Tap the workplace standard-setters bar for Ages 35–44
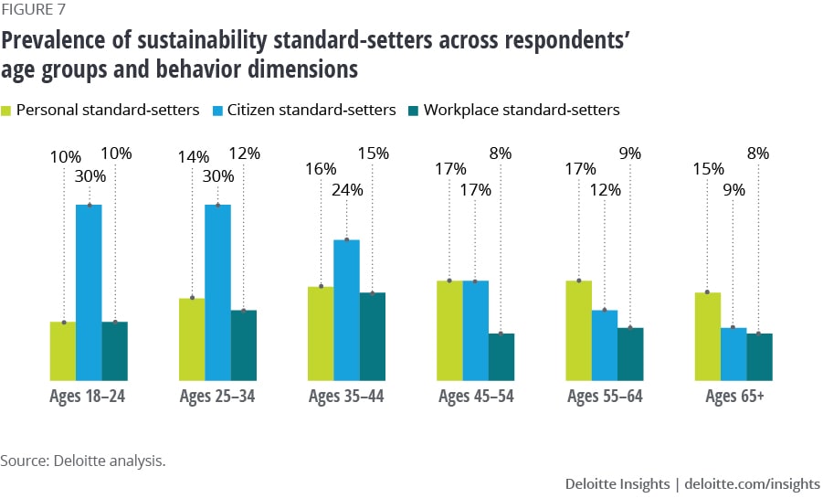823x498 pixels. [x=373, y=336]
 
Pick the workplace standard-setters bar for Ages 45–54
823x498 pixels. [x=501, y=356]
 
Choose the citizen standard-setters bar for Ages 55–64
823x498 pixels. [x=605, y=345]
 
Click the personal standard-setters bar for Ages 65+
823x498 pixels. [x=708, y=336]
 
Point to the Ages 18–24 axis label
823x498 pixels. [x=88, y=397]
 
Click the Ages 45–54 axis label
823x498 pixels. [x=475, y=397]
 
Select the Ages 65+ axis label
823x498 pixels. [x=734, y=397]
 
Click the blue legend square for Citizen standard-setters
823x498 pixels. [x=215, y=111]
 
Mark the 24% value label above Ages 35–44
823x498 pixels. [x=347, y=191]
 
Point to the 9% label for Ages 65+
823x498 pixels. [x=733, y=191]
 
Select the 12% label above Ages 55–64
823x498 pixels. [x=605, y=191]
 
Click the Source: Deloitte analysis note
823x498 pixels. [x=83, y=461]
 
